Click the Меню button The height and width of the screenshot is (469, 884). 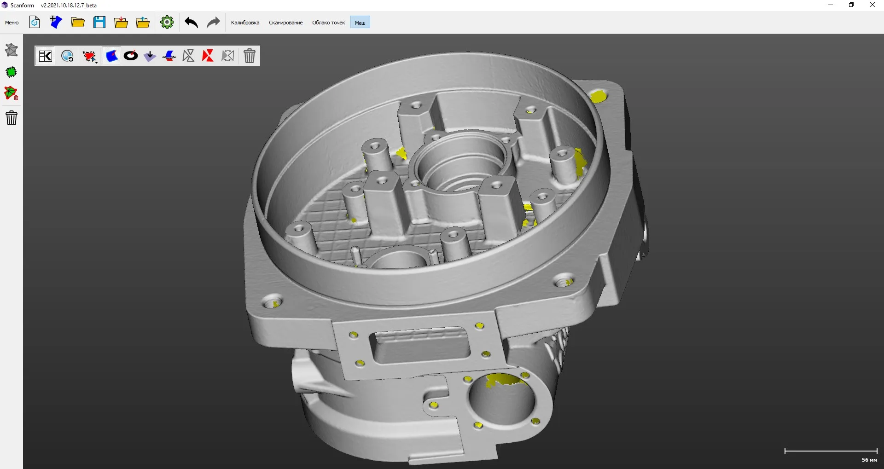click(12, 23)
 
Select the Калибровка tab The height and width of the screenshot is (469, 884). click(245, 23)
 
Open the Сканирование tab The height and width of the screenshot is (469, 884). click(285, 23)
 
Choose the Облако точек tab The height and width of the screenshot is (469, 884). click(328, 23)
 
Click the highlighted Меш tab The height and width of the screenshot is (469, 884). click(360, 23)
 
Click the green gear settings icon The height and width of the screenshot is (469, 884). click(167, 22)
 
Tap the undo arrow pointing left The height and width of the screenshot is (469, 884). click(191, 22)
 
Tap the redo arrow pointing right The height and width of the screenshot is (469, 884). click(213, 22)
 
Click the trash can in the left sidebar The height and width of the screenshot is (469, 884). click(12, 118)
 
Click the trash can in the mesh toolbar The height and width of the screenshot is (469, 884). click(250, 56)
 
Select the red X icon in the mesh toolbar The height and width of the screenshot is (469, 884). click(208, 56)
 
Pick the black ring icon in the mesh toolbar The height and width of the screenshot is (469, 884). click(131, 56)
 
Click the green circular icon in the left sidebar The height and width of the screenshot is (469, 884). click(12, 72)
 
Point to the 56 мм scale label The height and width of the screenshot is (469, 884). click(869, 460)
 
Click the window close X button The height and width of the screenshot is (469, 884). click(872, 5)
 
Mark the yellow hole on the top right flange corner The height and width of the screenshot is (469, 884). click(598, 97)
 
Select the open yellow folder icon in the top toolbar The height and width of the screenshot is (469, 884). click(78, 22)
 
